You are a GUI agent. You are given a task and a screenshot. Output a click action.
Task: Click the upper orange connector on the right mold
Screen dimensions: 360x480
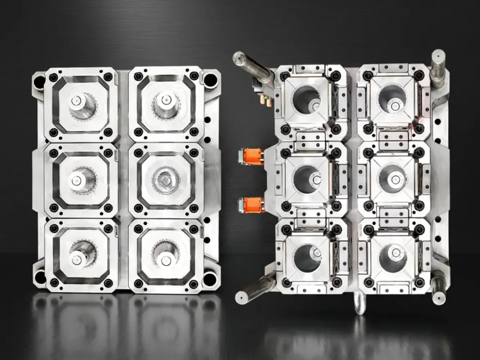coord(252,156)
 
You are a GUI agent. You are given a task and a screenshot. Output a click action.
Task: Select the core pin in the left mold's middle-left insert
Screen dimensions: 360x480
coord(77,180)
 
